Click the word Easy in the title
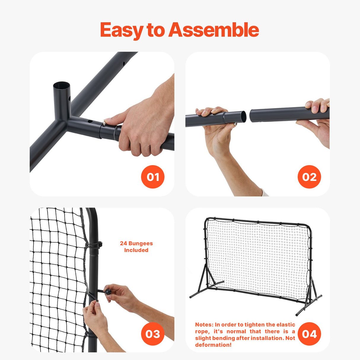(122, 30)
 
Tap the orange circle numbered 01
(153, 177)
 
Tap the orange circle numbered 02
(309, 177)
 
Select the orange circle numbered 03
(153, 334)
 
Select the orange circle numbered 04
(309, 334)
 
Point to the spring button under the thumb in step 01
(105, 121)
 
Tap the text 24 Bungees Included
(136, 247)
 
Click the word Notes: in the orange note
(204, 325)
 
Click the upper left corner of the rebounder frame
(207, 220)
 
